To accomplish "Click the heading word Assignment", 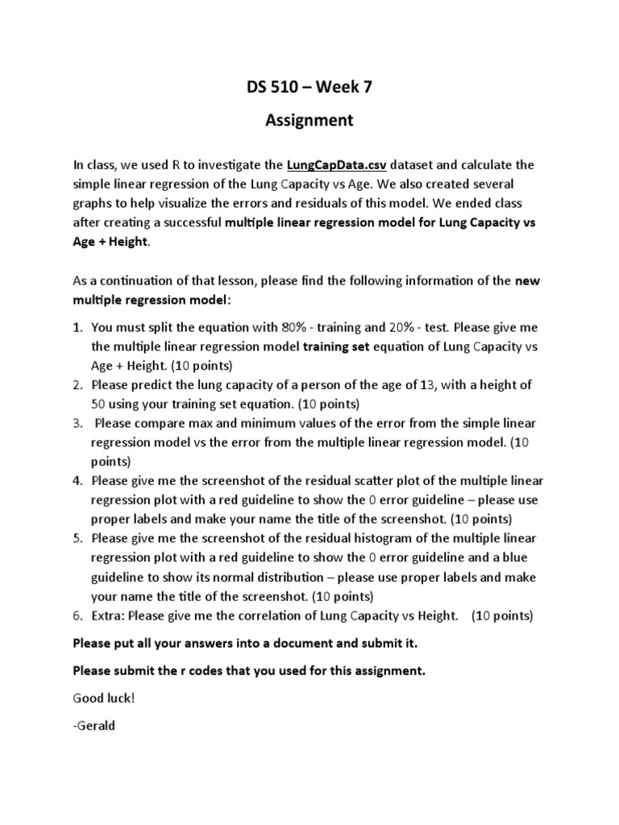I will point(309,121).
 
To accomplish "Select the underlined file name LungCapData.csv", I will point(337,165).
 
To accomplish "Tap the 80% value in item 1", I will point(293,328).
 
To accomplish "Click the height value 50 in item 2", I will point(99,404).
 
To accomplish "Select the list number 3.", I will point(78,423).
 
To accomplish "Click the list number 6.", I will point(78,616).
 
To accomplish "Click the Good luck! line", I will point(101,698).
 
